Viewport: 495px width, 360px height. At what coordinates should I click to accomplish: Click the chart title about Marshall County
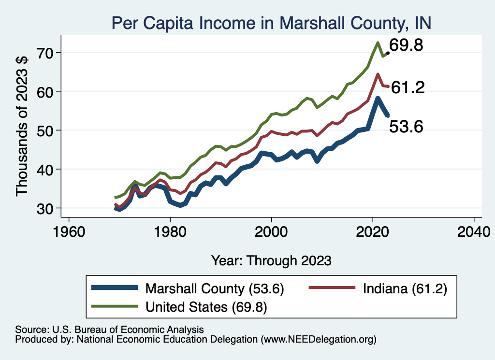pyautogui.click(x=271, y=22)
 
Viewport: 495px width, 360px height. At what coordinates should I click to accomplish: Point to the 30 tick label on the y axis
pyautogui.click(x=46, y=208)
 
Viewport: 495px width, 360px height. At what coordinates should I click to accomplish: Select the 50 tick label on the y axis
pyautogui.click(x=46, y=130)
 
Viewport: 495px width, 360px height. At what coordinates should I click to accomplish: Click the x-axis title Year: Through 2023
pyautogui.click(x=271, y=260)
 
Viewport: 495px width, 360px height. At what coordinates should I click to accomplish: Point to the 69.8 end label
pyautogui.click(x=407, y=46)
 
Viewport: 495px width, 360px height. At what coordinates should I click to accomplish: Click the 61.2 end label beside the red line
pyautogui.click(x=408, y=87)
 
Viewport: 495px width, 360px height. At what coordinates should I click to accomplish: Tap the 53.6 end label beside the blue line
pyautogui.click(x=406, y=127)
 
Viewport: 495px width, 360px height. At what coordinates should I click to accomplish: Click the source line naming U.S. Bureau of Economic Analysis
pyautogui.click(x=110, y=329)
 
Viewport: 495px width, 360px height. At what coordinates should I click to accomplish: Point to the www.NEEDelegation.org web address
pyautogui.click(x=319, y=340)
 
